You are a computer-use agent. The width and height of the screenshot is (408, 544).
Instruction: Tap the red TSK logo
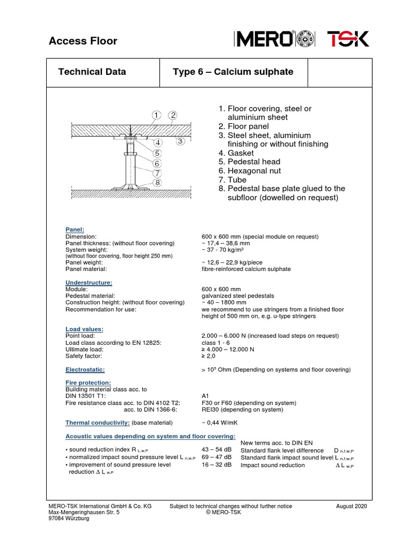[x=347, y=40]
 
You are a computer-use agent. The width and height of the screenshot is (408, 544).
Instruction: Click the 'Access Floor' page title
[x=83, y=41]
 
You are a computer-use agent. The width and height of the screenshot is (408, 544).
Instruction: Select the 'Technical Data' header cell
[x=91, y=72]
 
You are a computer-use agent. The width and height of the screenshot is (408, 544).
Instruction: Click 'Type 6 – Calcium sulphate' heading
[x=233, y=72]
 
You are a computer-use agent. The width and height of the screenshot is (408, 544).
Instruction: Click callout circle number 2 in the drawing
[x=173, y=115]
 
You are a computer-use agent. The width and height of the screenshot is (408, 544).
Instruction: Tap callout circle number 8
[x=157, y=183]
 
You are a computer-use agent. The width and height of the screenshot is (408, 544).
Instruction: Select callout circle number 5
[x=157, y=152]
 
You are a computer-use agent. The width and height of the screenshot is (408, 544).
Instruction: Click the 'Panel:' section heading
[x=75, y=229]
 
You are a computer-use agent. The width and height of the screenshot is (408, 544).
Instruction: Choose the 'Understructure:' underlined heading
[x=89, y=282]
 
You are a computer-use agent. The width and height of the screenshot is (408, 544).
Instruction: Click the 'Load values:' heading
[x=84, y=329]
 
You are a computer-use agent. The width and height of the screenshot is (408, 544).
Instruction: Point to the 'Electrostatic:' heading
[x=85, y=369]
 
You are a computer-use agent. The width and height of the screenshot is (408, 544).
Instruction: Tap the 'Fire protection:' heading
[x=88, y=382]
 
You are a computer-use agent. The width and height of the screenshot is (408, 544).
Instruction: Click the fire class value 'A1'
[x=206, y=396]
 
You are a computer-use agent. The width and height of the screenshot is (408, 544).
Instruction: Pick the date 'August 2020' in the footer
[x=352, y=506]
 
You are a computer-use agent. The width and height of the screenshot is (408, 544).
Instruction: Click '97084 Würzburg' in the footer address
[x=69, y=518]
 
